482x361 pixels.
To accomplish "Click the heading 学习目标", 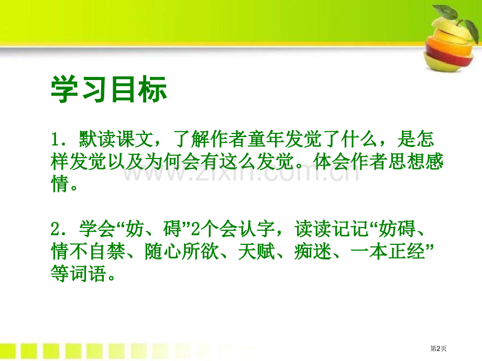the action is [109, 89].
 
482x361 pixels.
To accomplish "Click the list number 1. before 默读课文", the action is [58, 139].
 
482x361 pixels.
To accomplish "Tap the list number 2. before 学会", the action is [58, 229].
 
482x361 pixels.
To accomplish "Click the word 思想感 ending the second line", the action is [416, 162].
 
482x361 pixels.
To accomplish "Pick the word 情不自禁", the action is [89, 252].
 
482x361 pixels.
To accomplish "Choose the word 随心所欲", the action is [182, 252].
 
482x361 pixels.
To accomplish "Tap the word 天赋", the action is [257, 252].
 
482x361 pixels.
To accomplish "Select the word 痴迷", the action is [313, 252].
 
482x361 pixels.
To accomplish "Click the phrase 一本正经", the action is [388, 252].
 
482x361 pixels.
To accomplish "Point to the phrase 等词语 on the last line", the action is [79, 274].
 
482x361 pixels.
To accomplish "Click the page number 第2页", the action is [438, 348].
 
